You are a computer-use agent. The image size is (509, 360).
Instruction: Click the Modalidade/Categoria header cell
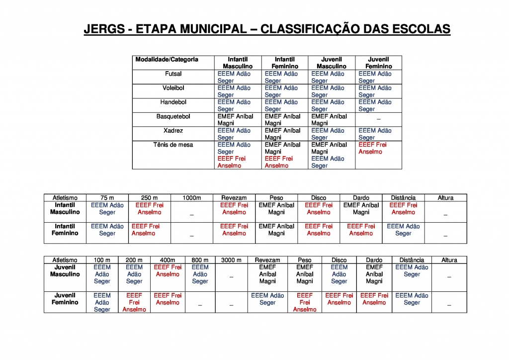tap(167, 60)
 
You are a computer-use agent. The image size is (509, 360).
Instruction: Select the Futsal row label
tap(173, 74)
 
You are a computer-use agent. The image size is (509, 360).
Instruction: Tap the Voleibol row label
tap(173, 88)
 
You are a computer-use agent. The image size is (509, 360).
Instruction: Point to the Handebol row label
tap(173, 102)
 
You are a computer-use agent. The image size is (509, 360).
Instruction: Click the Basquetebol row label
tap(173, 116)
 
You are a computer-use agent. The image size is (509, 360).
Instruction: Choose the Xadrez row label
tap(173, 131)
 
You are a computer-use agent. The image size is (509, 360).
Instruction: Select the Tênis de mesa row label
tap(173, 145)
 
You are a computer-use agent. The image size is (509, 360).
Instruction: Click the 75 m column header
tap(107, 198)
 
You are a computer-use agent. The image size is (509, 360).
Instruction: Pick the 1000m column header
tap(192, 198)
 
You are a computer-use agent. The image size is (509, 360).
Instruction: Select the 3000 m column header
tap(231, 260)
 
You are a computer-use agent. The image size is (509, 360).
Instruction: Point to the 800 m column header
tap(200, 260)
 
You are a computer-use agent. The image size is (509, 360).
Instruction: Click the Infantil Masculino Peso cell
tap(276, 208)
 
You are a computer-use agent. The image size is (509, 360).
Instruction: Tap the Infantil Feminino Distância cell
tap(403, 230)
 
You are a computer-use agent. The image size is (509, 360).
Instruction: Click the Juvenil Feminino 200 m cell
tap(134, 302)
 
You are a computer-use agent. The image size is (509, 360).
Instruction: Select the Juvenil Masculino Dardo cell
tap(374, 274)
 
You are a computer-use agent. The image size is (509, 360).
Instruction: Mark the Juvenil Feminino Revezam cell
tap(267, 299)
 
